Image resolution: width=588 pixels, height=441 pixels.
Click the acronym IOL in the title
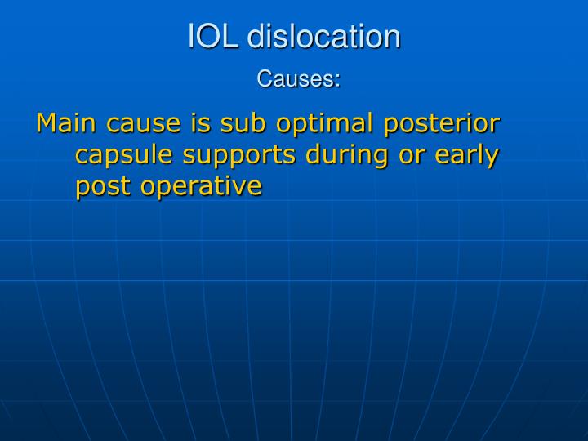click(214, 37)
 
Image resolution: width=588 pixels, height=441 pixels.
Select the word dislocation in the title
click(323, 37)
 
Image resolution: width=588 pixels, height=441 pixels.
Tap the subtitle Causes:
click(298, 79)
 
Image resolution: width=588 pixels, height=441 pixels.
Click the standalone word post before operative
click(104, 187)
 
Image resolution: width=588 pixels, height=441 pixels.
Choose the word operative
click(201, 187)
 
